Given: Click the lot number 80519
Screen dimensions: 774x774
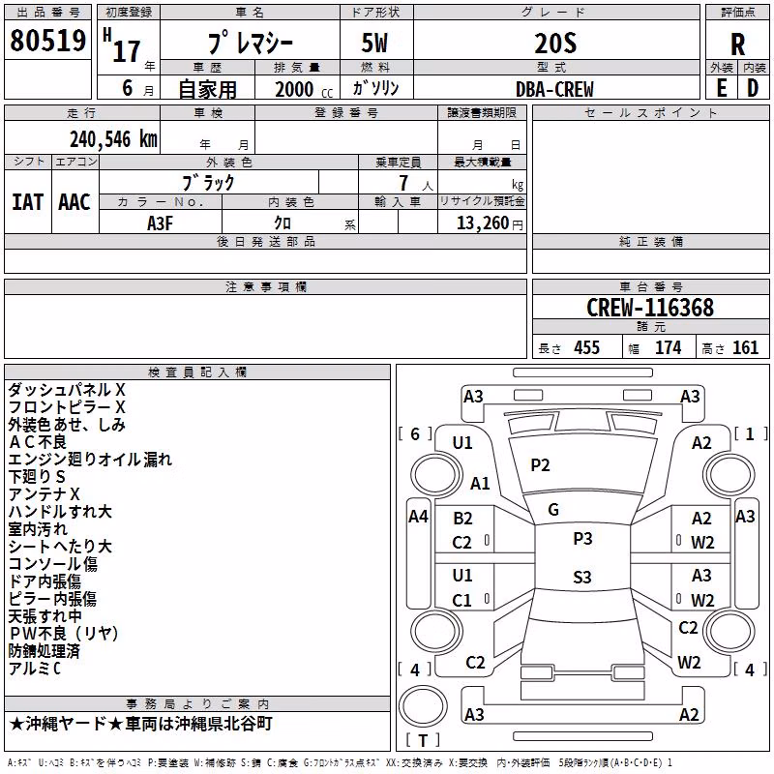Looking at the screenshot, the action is [47, 41].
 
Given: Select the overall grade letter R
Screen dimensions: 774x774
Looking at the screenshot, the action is [737, 45].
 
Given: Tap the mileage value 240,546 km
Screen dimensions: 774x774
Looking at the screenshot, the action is [113, 139].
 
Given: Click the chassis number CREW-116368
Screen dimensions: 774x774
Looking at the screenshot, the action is [650, 308].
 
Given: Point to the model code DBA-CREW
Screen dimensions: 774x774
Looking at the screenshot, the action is [554, 89].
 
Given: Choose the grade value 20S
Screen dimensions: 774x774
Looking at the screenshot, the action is [555, 44].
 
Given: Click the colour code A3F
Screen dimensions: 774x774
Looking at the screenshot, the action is [160, 223].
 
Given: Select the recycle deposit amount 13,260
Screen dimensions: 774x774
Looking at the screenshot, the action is [482, 223].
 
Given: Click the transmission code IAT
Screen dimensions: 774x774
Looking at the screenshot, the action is [28, 202].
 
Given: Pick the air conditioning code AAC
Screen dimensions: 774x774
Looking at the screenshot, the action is [74, 202].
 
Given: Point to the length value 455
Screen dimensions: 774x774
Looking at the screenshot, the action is [587, 347].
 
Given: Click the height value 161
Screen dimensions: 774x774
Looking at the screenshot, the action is [745, 347].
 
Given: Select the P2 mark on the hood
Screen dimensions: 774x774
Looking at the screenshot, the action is [540, 465].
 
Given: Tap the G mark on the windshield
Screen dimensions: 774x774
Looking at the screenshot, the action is [553, 510].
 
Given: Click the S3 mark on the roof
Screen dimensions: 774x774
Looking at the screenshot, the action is [582, 577].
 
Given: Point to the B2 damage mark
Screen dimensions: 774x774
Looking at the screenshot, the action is [462, 519].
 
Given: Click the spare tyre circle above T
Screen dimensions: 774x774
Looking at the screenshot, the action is [423, 705].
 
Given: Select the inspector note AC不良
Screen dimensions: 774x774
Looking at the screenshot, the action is [38, 442].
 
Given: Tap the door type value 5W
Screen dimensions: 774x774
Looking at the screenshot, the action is [374, 44].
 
